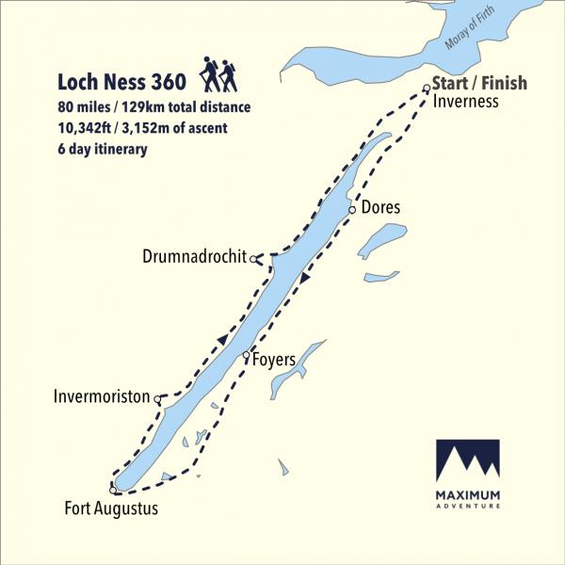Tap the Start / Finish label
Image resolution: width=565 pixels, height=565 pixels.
(x=479, y=83)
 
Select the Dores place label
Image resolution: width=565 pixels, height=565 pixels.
(x=380, y=208)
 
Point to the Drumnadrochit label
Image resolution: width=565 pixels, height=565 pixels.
(x=194, y=257)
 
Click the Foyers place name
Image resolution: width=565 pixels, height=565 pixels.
(x=275, y=360)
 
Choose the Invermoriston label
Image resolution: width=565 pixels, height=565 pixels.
(x=102, y=397)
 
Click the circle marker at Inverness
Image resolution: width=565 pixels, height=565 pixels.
(x=427, y=89)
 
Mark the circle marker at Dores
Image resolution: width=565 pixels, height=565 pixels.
(x=352, y=210)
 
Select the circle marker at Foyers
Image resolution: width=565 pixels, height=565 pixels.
(x=246, y=355)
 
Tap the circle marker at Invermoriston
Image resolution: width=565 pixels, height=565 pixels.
(x=157, y=401)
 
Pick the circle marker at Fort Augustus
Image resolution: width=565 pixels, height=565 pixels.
(x=112, y=491)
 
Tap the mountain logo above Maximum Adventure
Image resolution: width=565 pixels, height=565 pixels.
(x=468, y=460)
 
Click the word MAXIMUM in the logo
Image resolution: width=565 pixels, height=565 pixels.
(x=468, y=495)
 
